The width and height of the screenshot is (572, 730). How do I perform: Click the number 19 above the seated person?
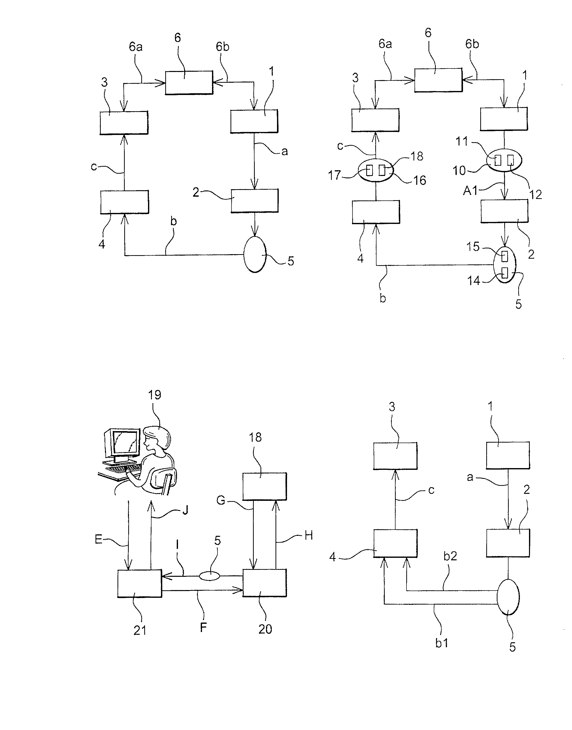(x=154, y=395)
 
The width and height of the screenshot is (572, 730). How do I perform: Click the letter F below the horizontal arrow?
(x=203, y=627)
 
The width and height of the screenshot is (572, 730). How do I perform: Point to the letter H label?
(x=308, y=536)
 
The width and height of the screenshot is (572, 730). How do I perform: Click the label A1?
(x=470, y=190)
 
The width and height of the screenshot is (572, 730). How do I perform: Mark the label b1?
(x=441, y=643)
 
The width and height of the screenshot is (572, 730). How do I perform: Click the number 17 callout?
(x=334, y=175)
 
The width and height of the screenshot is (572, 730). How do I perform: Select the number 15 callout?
(x=473, y=247)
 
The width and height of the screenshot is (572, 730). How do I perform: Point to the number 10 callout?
(x=459, y=171)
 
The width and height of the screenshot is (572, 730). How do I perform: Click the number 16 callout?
(x=419, y=180)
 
